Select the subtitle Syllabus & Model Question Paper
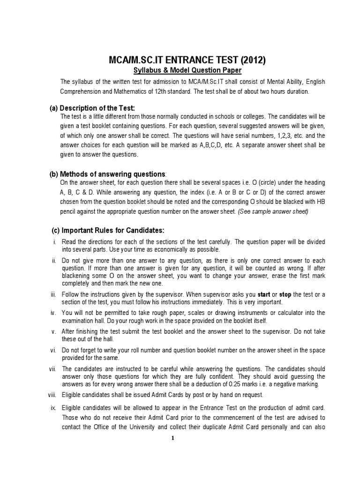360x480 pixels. tap(180, 70)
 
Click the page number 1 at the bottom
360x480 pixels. tap(172, 438)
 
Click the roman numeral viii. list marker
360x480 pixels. tap(52, 394)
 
